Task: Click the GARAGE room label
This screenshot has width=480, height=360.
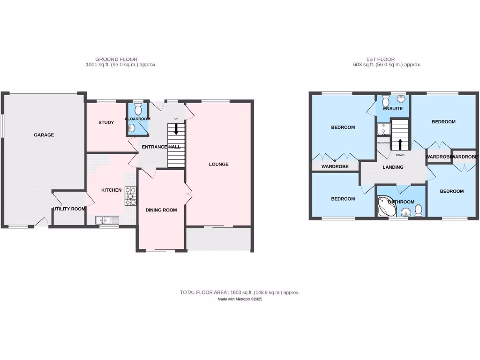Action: click(x=44, y=135)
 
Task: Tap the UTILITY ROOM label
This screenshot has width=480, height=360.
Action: click(x=69, y=209)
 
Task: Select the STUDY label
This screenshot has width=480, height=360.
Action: click(x=106, y=123)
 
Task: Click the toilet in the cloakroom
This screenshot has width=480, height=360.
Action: click(x=138, y=110)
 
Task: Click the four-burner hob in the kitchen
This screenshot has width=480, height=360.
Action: click(x=130, y=196)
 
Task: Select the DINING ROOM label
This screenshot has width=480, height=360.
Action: click(x=161, y=210)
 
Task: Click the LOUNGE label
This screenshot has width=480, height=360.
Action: click(x=218, y=164)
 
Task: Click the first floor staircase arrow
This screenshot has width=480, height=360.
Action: click(x=400, y=143)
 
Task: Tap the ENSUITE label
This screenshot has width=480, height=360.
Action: click(x=392, y=109)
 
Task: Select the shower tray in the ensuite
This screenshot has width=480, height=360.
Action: click(x=382, y=129)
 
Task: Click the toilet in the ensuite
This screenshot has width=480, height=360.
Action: click(x=385, y=101)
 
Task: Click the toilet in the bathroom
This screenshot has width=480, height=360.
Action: click(x=419, y=211)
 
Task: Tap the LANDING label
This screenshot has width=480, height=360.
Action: click(x=393, y=167)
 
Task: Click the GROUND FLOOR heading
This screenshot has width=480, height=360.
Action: click(x=116, y=60)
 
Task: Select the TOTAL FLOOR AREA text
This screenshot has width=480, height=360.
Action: click(x=240, y=292)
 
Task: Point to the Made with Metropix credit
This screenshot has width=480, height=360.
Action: click(x=240, y=299)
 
